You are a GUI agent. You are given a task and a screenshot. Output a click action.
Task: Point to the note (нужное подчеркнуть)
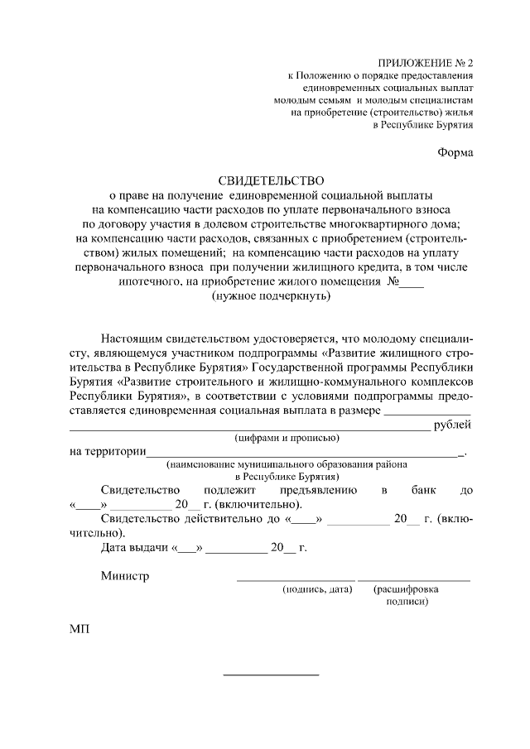(271, 295)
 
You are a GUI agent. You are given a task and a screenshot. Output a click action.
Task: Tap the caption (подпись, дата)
(317, 589)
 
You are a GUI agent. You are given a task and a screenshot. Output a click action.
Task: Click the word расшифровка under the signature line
(406, 589)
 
